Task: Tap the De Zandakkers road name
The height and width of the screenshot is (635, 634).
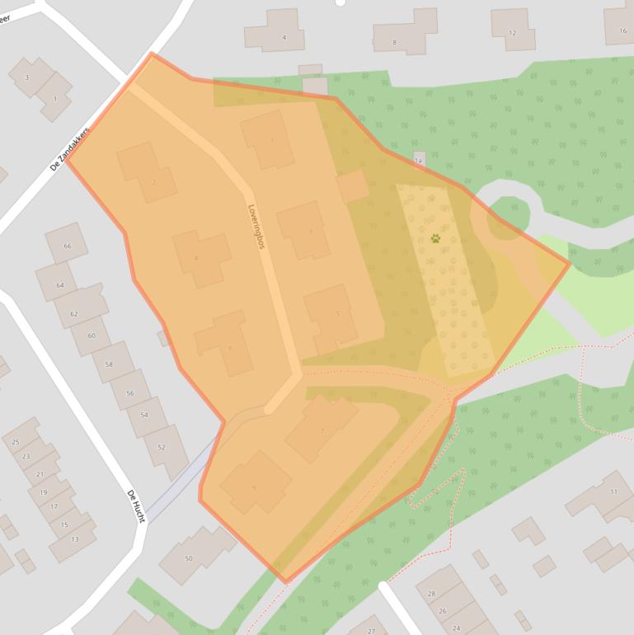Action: (69, 148)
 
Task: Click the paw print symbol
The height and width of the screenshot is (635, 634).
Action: (435, 238)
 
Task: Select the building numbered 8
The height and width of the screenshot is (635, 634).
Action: (395, 42)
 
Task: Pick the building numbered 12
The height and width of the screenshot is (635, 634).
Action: (512, 33)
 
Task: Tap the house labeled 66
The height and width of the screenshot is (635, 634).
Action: (67, 246)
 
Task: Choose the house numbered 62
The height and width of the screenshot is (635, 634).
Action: (74, 314)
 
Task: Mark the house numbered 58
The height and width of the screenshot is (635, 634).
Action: (108, 364)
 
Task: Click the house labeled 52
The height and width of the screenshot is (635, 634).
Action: (162, 448)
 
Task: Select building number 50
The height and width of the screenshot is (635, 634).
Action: (189, 558)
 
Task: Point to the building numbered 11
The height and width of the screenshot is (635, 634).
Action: (613, 492)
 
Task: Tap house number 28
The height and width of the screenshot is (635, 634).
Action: (431, 594)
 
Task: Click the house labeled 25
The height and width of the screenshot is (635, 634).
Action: (16, 442)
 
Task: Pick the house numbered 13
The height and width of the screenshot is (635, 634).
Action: (74, 539)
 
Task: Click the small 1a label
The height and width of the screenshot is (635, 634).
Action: (418, 161)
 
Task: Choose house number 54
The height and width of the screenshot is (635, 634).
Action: (144, 414)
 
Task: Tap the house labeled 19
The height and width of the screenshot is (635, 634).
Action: (43, 492)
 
